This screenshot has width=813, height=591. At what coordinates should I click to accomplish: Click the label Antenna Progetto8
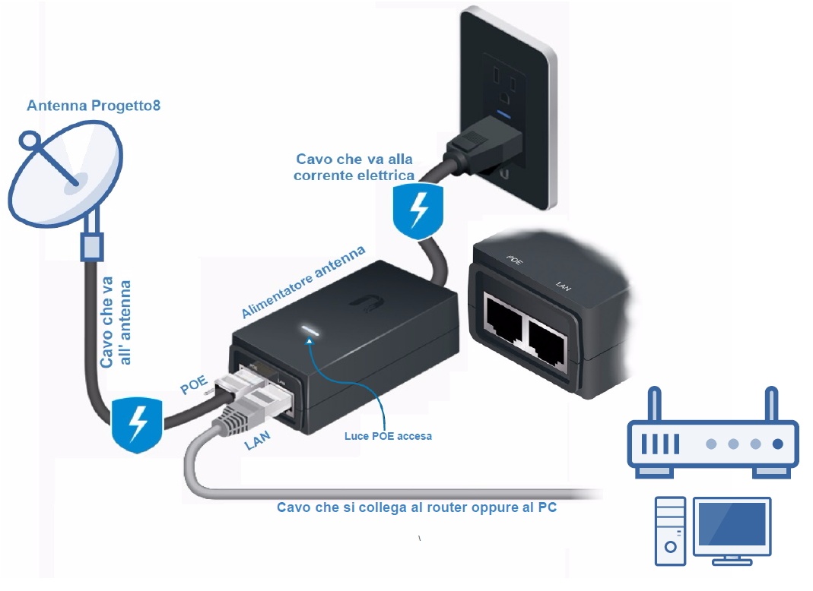click(94, 106)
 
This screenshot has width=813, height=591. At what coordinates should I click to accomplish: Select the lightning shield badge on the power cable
click(415, 212)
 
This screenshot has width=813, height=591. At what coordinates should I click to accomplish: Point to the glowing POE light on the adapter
click(310, 330)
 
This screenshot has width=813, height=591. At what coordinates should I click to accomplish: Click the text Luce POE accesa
click(388, 436)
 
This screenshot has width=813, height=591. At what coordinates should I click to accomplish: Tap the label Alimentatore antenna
click(303, 282)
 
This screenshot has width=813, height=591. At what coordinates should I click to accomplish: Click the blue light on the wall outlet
click(502, 115)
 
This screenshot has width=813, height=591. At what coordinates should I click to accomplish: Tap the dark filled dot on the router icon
click(777, 444)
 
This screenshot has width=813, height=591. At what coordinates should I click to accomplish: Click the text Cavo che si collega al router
click(416, 507)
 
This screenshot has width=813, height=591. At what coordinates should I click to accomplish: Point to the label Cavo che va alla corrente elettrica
click(355, 167)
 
